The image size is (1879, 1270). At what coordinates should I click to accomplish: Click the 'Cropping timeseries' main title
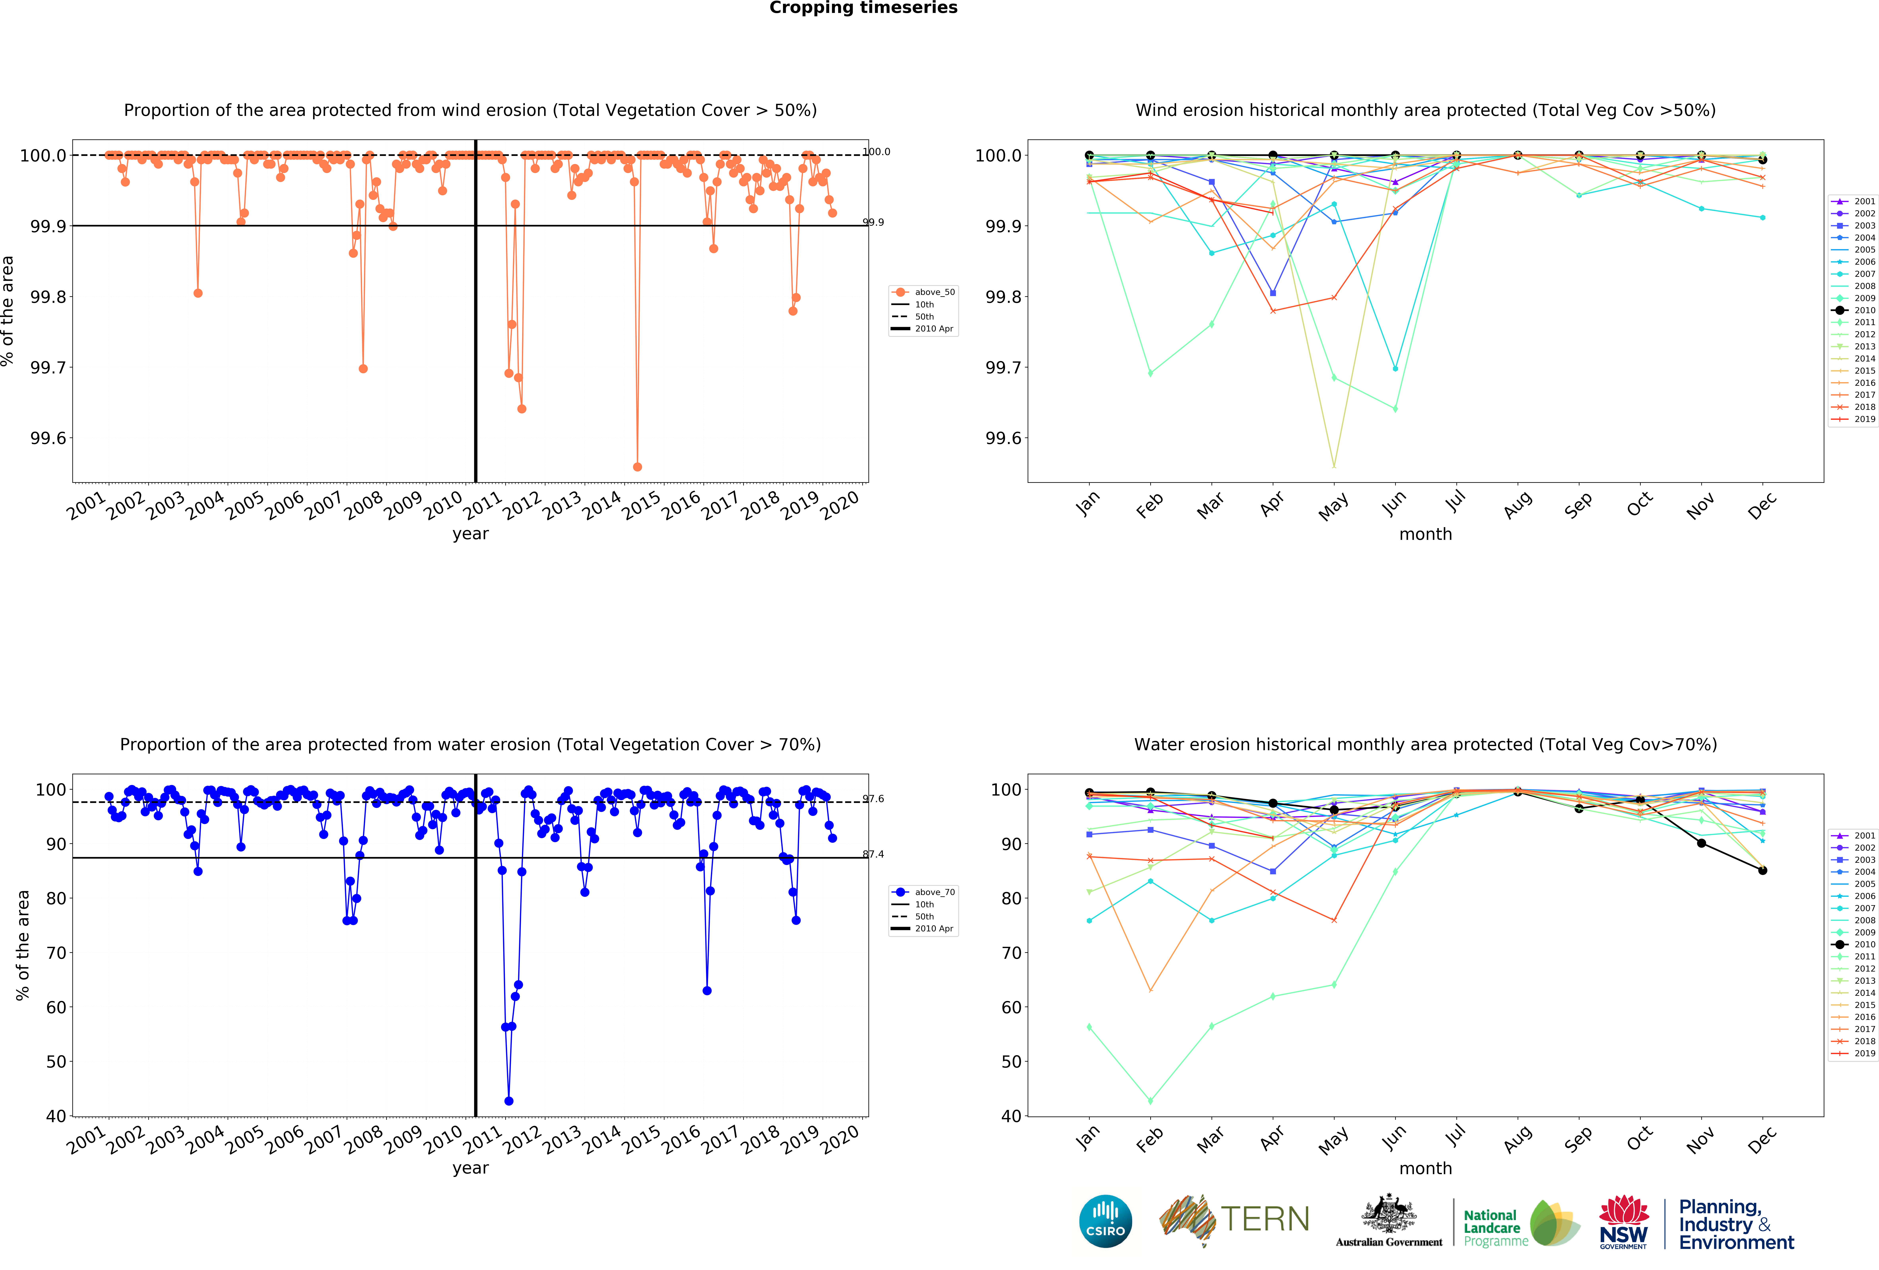coord(863,8)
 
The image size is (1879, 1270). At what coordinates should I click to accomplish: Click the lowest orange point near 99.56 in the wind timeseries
coord(637,467)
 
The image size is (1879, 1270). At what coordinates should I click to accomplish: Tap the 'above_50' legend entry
coord(934,292)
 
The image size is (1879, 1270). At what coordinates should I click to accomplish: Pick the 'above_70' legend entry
coord(934,892)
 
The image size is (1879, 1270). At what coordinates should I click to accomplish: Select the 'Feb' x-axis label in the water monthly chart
coord(1149,1139)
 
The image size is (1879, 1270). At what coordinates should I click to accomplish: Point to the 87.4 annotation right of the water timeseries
coord(873,854)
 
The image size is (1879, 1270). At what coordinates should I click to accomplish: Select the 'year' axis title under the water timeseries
coord(470,1168)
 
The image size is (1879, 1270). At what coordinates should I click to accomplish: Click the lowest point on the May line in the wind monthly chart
coord(1333,466)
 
